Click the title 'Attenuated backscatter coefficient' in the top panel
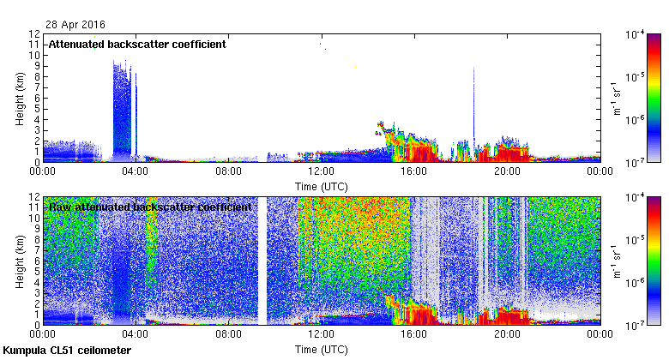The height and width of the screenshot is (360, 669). coord(137,45)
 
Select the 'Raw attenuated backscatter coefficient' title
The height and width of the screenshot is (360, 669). coord(149,207)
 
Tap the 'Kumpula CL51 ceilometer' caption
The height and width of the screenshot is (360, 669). coord(67,351)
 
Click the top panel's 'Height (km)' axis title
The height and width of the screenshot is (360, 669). coord(19,98)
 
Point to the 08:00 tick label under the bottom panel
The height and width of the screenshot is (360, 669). coord(228,335)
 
